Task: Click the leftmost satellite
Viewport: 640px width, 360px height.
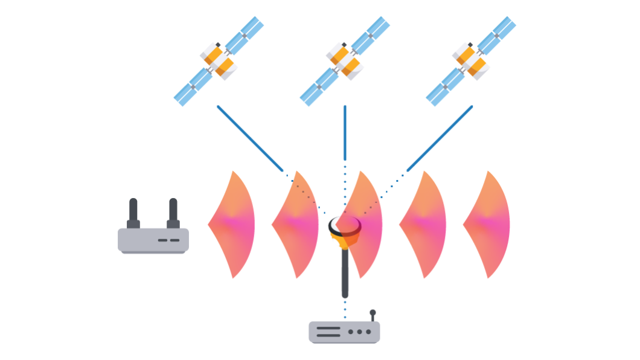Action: pyautogui.click(x=219, y=61)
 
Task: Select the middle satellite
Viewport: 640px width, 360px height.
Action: pyautogui.click(x=345, y=61)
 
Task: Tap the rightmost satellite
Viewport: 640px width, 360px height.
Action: pyautogui.click(x=471, y=61)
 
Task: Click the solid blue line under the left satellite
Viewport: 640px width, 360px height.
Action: pyautogui.click(x=250, y=138)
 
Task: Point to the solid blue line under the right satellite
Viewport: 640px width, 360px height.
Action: pyautogui.click(x=440, y=138)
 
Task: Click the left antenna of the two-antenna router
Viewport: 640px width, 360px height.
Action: pyautogui.click(x=133, y=213)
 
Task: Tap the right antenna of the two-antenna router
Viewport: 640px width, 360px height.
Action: pyautogui.click(x=173, y=213)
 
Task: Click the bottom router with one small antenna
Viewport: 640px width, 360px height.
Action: pyautogui.click(x=344, y=332)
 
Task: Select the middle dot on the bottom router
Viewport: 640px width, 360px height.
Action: pyautogui.click(x=359, y=332)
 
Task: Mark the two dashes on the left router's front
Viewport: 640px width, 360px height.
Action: pyautogui.click(x=168, y=240)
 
